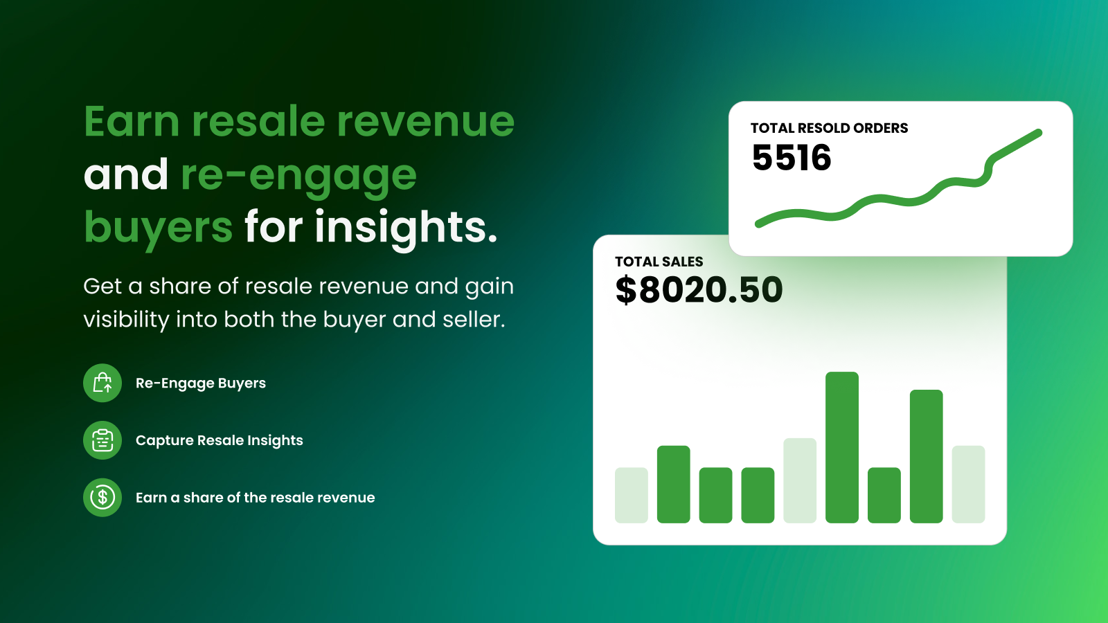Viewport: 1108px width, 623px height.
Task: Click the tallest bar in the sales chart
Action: click(x=842, y=447)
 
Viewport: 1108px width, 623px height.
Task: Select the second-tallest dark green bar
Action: click(x=926, y=456)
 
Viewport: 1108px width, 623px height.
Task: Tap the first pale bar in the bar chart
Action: click(x=631, y=495)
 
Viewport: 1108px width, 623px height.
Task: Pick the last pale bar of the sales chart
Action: click(x=969, y=484)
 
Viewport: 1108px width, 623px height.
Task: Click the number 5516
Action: click(x=792, y=158)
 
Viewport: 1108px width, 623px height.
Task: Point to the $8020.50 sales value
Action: click(x=699, y=290)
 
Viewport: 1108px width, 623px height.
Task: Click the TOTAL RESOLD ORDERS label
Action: click(x=829, y=128)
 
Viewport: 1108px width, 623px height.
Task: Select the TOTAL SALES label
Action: click(x=659, y=262)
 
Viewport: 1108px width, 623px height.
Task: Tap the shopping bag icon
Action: click(x=102, y=383)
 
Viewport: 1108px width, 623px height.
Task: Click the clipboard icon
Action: click(x=102, y=440)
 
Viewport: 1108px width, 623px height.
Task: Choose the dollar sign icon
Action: click(x=102, y=498)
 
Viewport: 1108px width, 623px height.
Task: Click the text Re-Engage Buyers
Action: click(x=200, y=383)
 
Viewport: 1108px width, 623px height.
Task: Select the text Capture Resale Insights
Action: click(x=219, y=440)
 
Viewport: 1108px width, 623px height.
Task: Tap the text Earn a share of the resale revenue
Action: click(x=256, y=498)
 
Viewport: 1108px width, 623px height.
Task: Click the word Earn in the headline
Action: click(x=132, y=121)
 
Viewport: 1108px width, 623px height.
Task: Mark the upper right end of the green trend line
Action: click(x=1039, y=132)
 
